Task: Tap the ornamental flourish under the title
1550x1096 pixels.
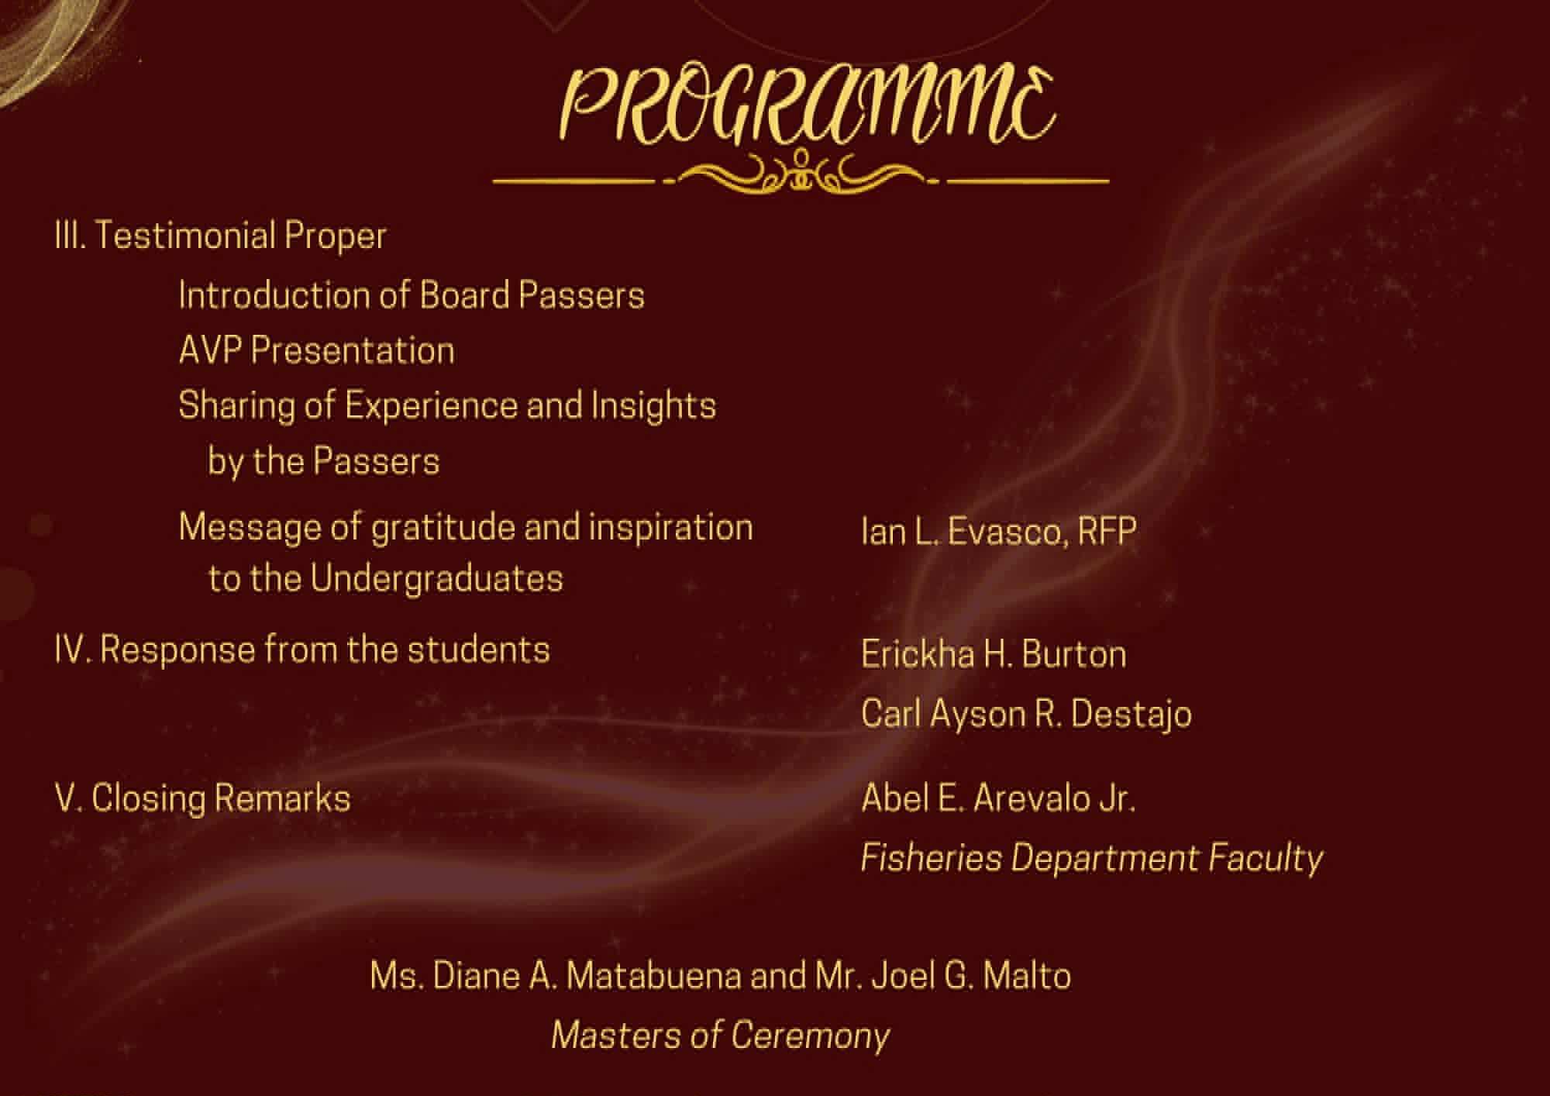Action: click(801, 174)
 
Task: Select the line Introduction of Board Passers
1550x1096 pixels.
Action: click(412, 295)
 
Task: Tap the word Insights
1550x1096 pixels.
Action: click(653, 406)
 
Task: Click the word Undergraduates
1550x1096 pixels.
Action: click(436, 579)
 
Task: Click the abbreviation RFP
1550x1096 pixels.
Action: click(1107, 532)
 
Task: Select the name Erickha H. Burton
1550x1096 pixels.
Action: click(994, 654)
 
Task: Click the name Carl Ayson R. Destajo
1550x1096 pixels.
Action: click(1026, 714)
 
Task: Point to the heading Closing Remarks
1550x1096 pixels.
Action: click(221, 798)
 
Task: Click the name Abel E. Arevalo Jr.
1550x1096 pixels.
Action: click(998, 798)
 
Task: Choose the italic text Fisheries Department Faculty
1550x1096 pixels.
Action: click(1092, 859)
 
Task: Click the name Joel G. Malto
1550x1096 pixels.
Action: click(971, 976)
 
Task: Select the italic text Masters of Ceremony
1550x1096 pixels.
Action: click(721, 1036)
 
